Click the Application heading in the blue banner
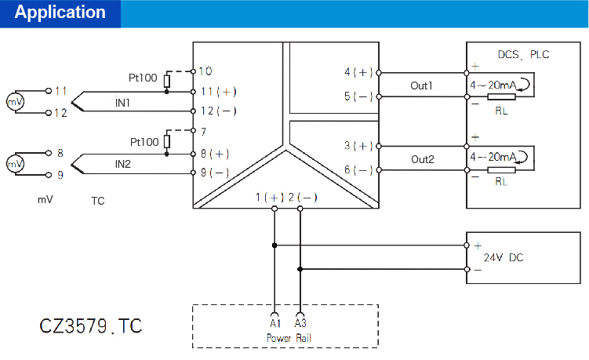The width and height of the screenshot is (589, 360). click(60, 13)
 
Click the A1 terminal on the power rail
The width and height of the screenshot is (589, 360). click(275, 323)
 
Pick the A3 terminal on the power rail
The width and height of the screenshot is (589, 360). click(300, 323)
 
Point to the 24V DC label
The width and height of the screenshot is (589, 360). click(503, 257)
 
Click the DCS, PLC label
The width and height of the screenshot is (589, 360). click(524, 55)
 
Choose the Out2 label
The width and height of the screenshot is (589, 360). click(422, 158)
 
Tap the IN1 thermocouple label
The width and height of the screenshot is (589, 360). click(123, 103)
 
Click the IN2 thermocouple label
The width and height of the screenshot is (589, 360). click(123, 164)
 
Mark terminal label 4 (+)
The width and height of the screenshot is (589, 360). click(359, 72)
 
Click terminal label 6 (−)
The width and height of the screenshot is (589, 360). click(359, 170)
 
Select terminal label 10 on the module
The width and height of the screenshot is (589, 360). click(206, 71)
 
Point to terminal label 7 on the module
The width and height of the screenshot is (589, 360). click(203, 131)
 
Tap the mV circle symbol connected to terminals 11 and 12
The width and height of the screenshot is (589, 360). click(14, 102)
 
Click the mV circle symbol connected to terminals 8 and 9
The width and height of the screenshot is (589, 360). click(14, 164)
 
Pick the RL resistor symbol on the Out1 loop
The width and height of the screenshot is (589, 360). click(501, 97)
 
